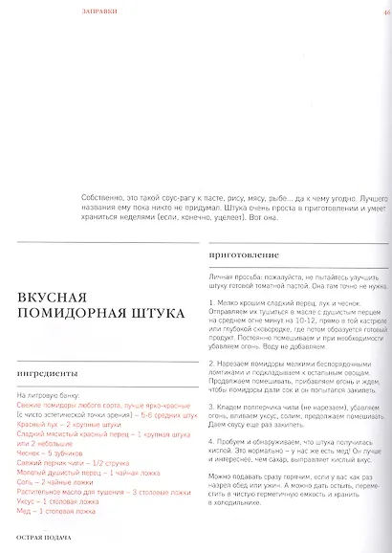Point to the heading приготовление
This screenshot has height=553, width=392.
pos(243,257)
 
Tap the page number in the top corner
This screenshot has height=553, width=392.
pos(385,11)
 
